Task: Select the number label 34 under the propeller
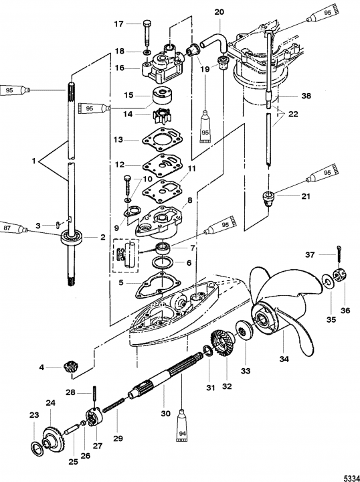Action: (284, 359)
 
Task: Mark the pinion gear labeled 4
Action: (70, 368)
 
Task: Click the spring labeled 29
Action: (113, 404)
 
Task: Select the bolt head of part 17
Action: (147, 23)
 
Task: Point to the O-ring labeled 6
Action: (163, 263)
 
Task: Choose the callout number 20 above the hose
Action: (219, 12)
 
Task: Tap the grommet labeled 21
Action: (269, 199)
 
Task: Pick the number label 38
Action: (306, 96)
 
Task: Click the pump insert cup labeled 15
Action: (162, 96)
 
